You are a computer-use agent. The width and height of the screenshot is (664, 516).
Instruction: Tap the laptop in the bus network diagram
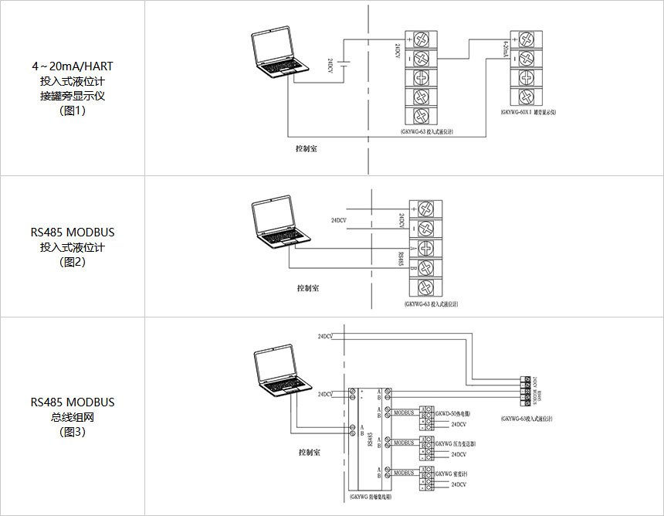(x=281, y=372)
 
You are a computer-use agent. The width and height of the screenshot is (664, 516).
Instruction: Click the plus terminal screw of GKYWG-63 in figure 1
(x=422, y=39)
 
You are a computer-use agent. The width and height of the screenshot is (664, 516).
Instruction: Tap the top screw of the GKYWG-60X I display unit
(x=525, y=39)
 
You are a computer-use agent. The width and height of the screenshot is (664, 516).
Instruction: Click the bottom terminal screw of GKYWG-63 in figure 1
(x=422, y=115)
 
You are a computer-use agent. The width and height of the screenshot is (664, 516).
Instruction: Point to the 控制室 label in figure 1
(x=307, y=148)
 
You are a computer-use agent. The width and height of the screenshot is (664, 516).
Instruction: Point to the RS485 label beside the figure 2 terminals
(x=401, y=257)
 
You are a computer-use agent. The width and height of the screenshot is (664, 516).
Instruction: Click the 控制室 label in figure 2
(x=308, y=287)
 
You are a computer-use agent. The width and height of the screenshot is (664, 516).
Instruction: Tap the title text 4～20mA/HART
(x=73, y=66)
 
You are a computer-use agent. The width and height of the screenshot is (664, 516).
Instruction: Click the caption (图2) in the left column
(x=73, y=262)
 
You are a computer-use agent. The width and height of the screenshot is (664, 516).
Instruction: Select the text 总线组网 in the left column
(x=73, y=417)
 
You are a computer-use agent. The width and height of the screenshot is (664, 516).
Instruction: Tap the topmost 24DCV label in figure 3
(x=325, y=337)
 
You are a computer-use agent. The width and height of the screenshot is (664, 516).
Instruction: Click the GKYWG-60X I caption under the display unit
(x=528, y=112)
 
